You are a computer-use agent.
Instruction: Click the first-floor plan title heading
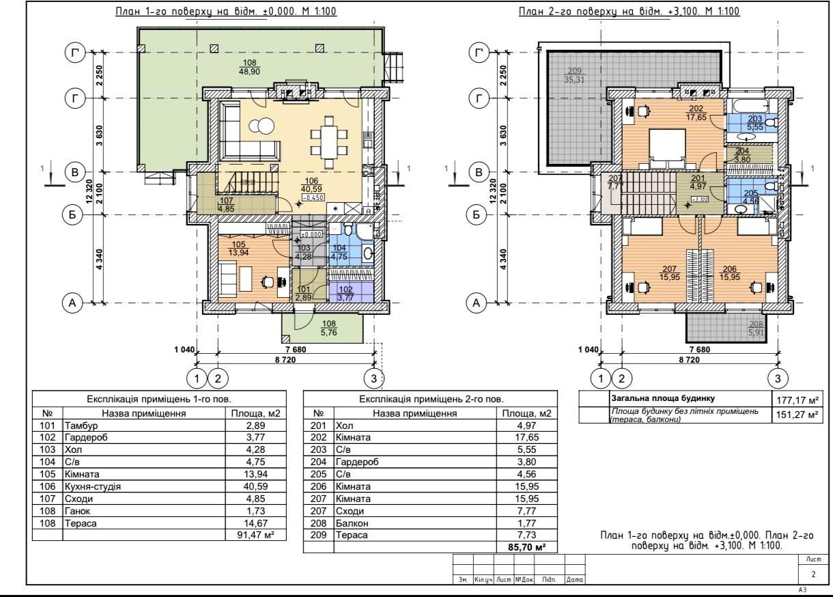tap(225, 12)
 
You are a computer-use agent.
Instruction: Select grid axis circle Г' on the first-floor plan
tap(75, 53)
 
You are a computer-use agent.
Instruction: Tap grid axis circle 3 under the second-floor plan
tap(778, 377)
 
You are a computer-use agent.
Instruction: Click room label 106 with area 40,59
tap(311, 185)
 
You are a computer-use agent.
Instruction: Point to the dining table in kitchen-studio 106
tap(330, 144)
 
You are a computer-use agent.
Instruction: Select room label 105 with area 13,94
tap(238, 249)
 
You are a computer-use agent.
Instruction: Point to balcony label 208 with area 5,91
tap(755, 329)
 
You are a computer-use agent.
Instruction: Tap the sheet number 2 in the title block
tap(813, 574)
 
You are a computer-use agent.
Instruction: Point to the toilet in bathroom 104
tap(347, 230)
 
